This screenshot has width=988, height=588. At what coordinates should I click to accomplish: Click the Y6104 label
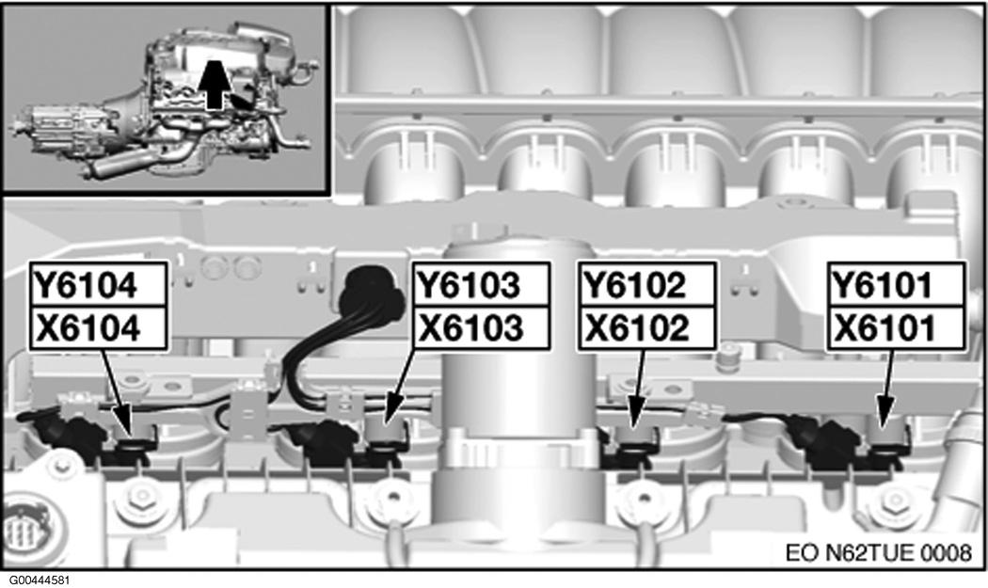point(85,285)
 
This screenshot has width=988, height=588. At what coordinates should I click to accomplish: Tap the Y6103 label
point(470,285)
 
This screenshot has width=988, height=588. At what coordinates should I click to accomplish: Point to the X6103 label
point(470,328)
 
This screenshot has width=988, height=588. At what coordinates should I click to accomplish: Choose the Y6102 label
point(635,285)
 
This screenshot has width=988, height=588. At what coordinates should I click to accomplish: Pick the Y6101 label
point(882,285)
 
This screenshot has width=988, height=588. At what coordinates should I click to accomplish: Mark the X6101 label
point(884,328)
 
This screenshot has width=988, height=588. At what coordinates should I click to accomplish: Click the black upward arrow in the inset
point(215,85)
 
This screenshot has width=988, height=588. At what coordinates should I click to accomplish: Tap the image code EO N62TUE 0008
point(878,552)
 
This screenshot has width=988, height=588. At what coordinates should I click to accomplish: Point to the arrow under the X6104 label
point(118,390)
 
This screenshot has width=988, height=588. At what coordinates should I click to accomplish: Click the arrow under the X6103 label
point(400,386)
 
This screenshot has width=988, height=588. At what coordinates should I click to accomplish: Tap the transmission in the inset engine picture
point(60,129)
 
